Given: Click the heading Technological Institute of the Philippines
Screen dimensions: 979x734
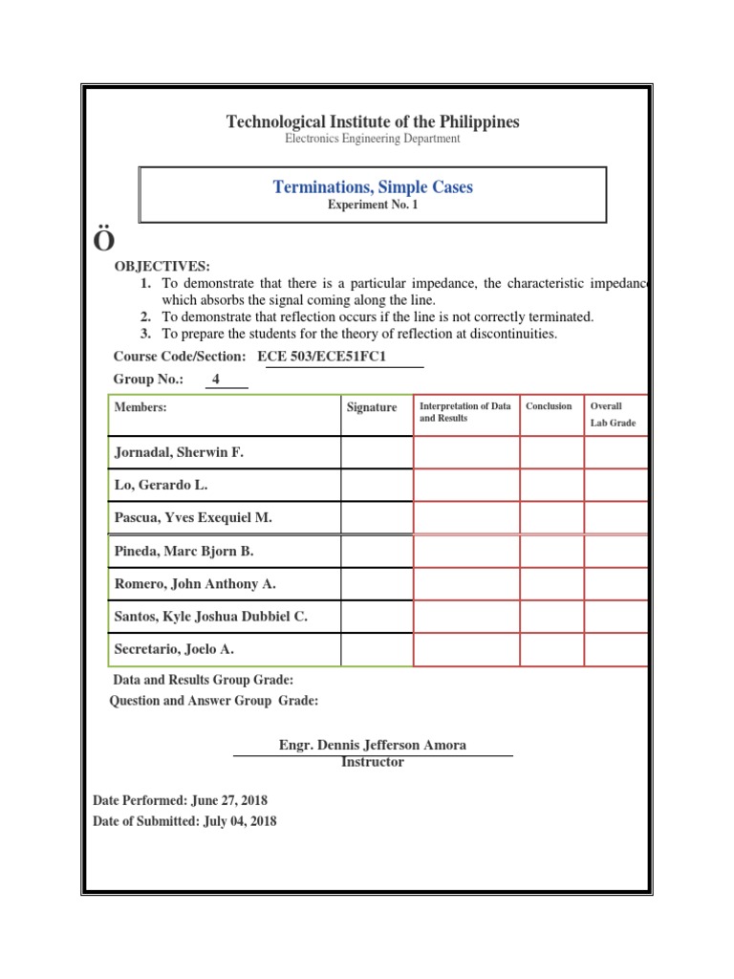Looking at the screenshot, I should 373,121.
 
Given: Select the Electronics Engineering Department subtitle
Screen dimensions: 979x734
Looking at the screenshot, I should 373,139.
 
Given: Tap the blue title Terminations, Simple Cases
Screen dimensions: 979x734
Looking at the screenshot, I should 373,187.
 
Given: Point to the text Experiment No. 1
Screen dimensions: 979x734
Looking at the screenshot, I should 373,206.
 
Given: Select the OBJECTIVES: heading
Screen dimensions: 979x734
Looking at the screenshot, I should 162,266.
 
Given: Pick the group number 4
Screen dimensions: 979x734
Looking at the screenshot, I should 216,380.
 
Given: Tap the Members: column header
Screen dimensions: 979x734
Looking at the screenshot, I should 140,407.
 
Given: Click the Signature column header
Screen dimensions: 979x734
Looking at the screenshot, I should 372,407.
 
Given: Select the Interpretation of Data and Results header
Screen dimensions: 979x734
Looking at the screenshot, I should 465,412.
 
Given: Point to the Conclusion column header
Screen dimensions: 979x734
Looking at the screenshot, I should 549,406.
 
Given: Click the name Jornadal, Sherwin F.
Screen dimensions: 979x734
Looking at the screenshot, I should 179,452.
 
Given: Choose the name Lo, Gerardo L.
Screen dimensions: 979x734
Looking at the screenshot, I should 161,485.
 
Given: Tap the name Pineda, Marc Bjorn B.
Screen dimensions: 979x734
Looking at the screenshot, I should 183,552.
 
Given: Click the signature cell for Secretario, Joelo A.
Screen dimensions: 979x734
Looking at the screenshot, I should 377,649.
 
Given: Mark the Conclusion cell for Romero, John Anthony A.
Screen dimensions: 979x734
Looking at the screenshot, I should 551,584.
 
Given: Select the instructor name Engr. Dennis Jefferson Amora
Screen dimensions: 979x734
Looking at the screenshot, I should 373,745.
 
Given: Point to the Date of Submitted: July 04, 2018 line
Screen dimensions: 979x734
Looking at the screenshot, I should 184,821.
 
